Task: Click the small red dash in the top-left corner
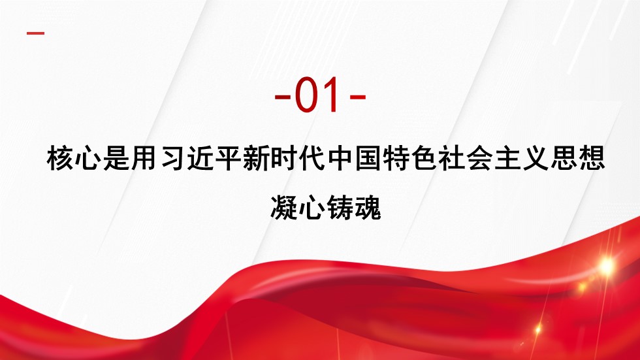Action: click(35, 33)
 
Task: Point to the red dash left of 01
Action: click(282, 97)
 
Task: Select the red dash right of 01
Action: click(358, 97)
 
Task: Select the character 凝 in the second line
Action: click(283, 208)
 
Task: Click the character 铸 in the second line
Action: click(340, 208)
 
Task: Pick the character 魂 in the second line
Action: click(367, 208)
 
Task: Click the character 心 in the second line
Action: click(312, 208)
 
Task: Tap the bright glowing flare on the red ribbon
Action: click(606, 266)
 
